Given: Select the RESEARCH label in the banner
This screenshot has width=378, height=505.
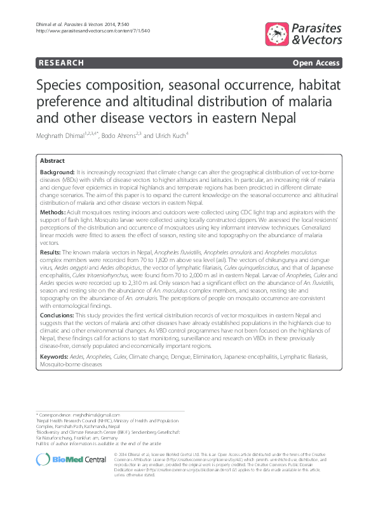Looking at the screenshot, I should point(61,63).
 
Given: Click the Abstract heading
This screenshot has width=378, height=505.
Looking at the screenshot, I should point(53,161).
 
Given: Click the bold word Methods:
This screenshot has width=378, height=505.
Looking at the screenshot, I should point(53,211).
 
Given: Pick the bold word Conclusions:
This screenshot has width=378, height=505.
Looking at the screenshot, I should point(58,315).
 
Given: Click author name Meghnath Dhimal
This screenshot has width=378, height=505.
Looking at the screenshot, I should point(62,136).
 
